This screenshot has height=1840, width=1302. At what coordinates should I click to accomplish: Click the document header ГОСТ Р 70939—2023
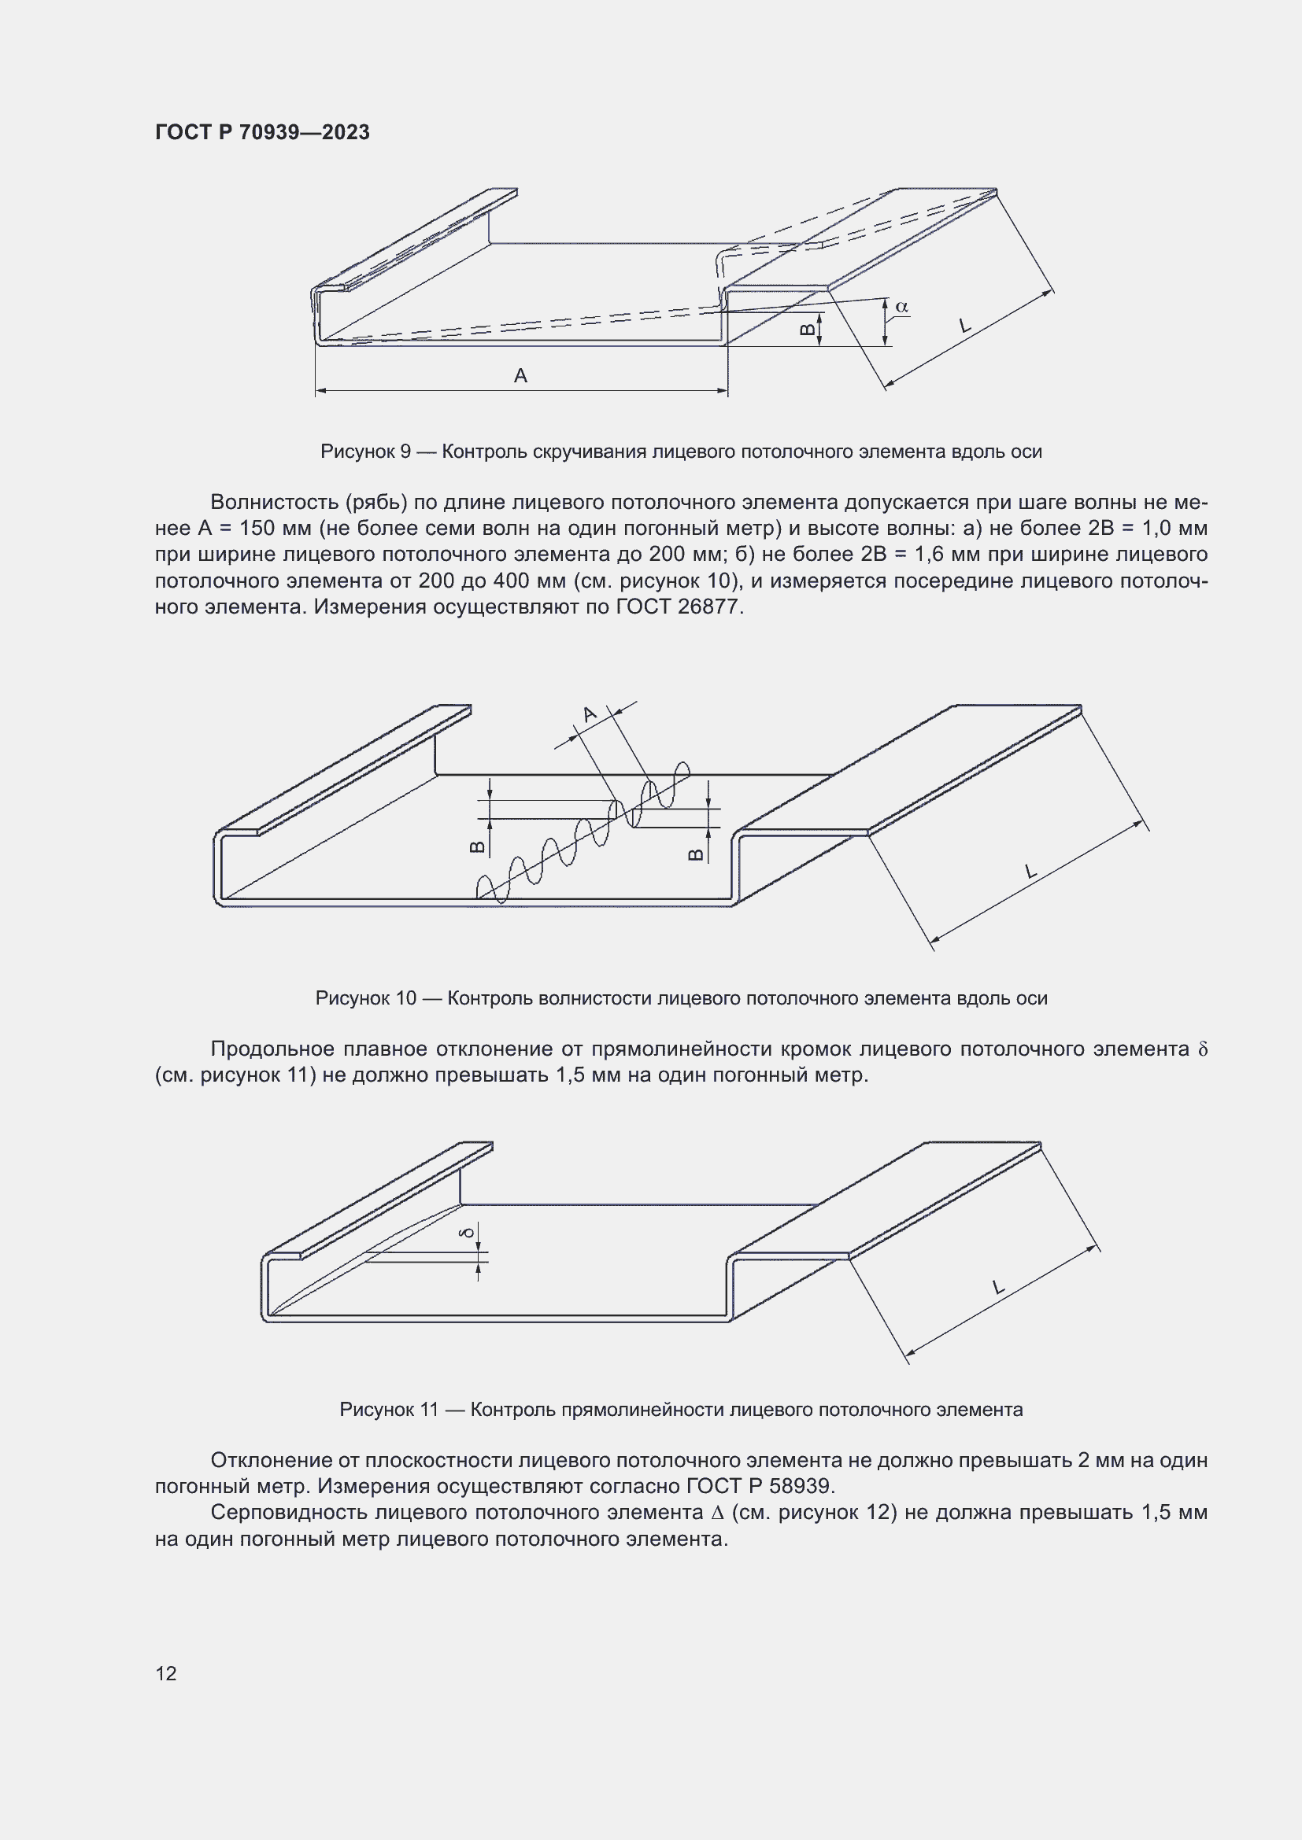coord(262,132)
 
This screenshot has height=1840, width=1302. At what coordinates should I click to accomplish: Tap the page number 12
coord(166,1673)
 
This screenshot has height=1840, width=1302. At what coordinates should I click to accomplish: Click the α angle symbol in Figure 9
coord(901,306)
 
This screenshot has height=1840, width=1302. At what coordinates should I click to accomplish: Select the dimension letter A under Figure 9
coord(520,375)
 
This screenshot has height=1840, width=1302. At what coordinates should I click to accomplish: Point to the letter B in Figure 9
coord(808,329)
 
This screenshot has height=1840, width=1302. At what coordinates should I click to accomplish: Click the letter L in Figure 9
coord(964,326)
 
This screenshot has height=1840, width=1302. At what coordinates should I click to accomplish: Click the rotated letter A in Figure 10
coord(590,714)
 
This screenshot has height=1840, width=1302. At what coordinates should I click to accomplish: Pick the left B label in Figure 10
coord(476,847)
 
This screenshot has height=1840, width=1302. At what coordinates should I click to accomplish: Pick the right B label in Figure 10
coord(696,855)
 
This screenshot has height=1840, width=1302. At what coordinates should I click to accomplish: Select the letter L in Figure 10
coord(1031,871)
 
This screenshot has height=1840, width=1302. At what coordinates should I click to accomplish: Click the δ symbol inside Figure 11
coord(469,1231)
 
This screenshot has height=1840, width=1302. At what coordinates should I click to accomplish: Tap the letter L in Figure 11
coord(997,1288)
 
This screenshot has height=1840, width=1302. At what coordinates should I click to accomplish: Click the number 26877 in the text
coord(707,607)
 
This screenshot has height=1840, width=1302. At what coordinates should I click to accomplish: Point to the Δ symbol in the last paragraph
coord(717,1513)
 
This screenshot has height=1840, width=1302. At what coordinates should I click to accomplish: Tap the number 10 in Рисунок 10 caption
coord(405,997)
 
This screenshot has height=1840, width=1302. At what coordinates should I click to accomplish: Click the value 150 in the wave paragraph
coord(257,528)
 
